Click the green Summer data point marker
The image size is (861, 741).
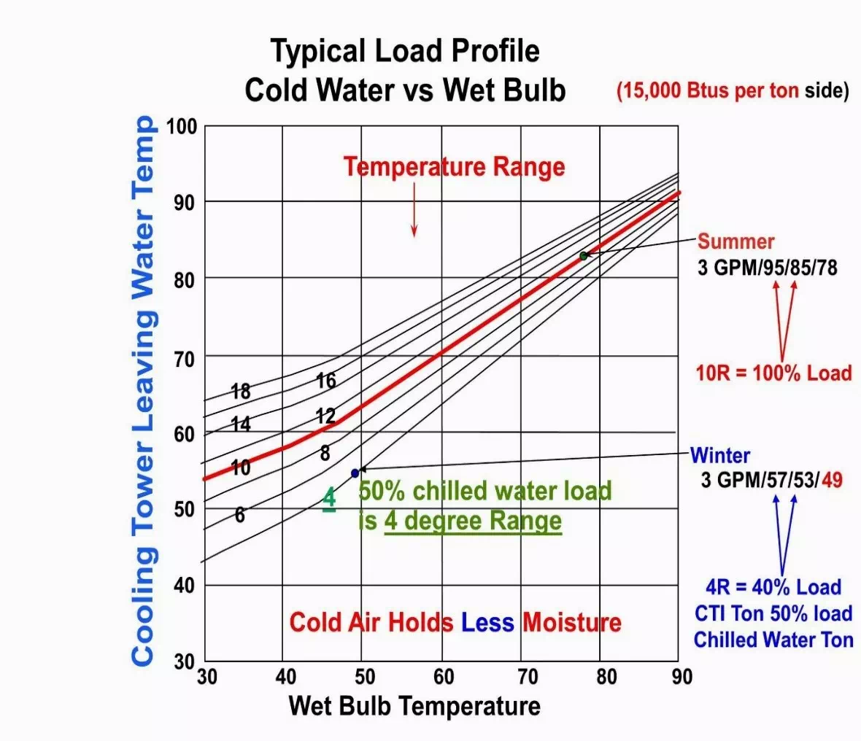tap(584, 256)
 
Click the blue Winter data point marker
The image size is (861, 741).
tap(355, 473)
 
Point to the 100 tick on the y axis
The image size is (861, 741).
tap(182, 126)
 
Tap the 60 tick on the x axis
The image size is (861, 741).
tap(444, 677)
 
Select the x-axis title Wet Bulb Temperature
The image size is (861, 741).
tap(414, 706)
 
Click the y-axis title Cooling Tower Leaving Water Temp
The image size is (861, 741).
tap(143, 390)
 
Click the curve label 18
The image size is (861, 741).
tap(241, 392)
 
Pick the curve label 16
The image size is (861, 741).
tap(326, 380)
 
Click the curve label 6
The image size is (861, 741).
tap(240, 516)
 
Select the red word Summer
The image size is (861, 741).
tap(735, 241)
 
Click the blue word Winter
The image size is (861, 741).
tap(719, 456)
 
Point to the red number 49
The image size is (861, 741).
tap(831, 480)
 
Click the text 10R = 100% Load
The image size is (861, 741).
tap(773, 373)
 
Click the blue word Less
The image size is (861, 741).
tap(487, 622)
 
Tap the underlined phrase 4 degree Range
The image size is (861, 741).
tap(473, 521)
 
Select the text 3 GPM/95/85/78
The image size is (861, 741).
tap(767, 267)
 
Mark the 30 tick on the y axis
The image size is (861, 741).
tap(184, 662)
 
